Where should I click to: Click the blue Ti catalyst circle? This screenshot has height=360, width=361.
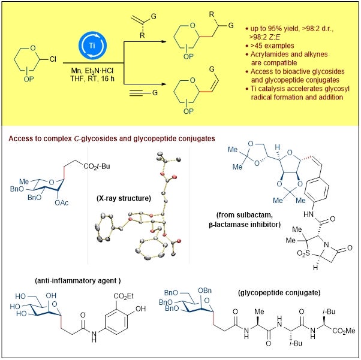click(92, 46)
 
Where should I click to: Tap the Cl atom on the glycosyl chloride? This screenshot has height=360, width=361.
click(53, 59)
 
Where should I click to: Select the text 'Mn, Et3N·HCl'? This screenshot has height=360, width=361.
click(92, 71)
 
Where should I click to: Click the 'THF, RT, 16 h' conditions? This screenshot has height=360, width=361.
click(92, 78)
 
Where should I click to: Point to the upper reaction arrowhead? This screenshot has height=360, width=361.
click(164, 41)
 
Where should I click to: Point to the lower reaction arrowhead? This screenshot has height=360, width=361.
click(164, 84)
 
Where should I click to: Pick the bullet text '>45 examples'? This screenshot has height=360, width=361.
click(272, 46)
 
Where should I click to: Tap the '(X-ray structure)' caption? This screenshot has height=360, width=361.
click(124, 198)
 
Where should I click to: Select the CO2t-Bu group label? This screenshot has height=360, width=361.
click(97, 166)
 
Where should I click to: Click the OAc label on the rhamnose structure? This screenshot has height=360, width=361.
click(62, 203)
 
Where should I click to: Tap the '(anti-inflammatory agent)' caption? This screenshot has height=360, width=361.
click(78, 281)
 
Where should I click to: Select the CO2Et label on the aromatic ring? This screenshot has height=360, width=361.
click(124, 296)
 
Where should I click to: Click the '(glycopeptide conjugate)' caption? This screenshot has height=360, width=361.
click(279, 292)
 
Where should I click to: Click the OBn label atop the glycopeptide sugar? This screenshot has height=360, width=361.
click(204, 291)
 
